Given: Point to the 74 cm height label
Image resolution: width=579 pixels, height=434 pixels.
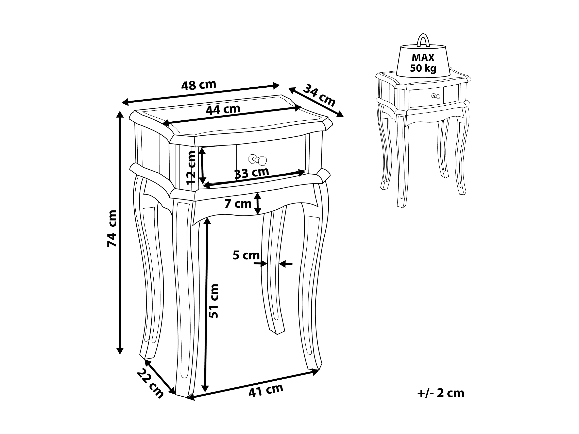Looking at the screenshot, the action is pyautogui.click(x=112, y=228).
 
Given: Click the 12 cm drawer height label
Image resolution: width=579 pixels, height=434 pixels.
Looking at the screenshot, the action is pyautogui.click(x=191, y=168).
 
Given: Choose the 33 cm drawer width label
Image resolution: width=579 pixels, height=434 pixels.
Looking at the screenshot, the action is pyautogui.click(x=252, y=173).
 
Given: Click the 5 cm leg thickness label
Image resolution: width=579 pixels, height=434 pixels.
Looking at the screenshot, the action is pyautogui.click(x=246, y=255).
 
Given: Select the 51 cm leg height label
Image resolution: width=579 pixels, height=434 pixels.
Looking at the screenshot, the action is pyautogui.click(x=214, y=301).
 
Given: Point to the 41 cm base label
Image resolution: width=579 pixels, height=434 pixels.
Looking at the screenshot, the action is pyautogui.click(x=266, y=390).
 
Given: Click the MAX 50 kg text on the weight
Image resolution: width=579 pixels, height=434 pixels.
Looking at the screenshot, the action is pyautogui.click(x=423, y=63).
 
